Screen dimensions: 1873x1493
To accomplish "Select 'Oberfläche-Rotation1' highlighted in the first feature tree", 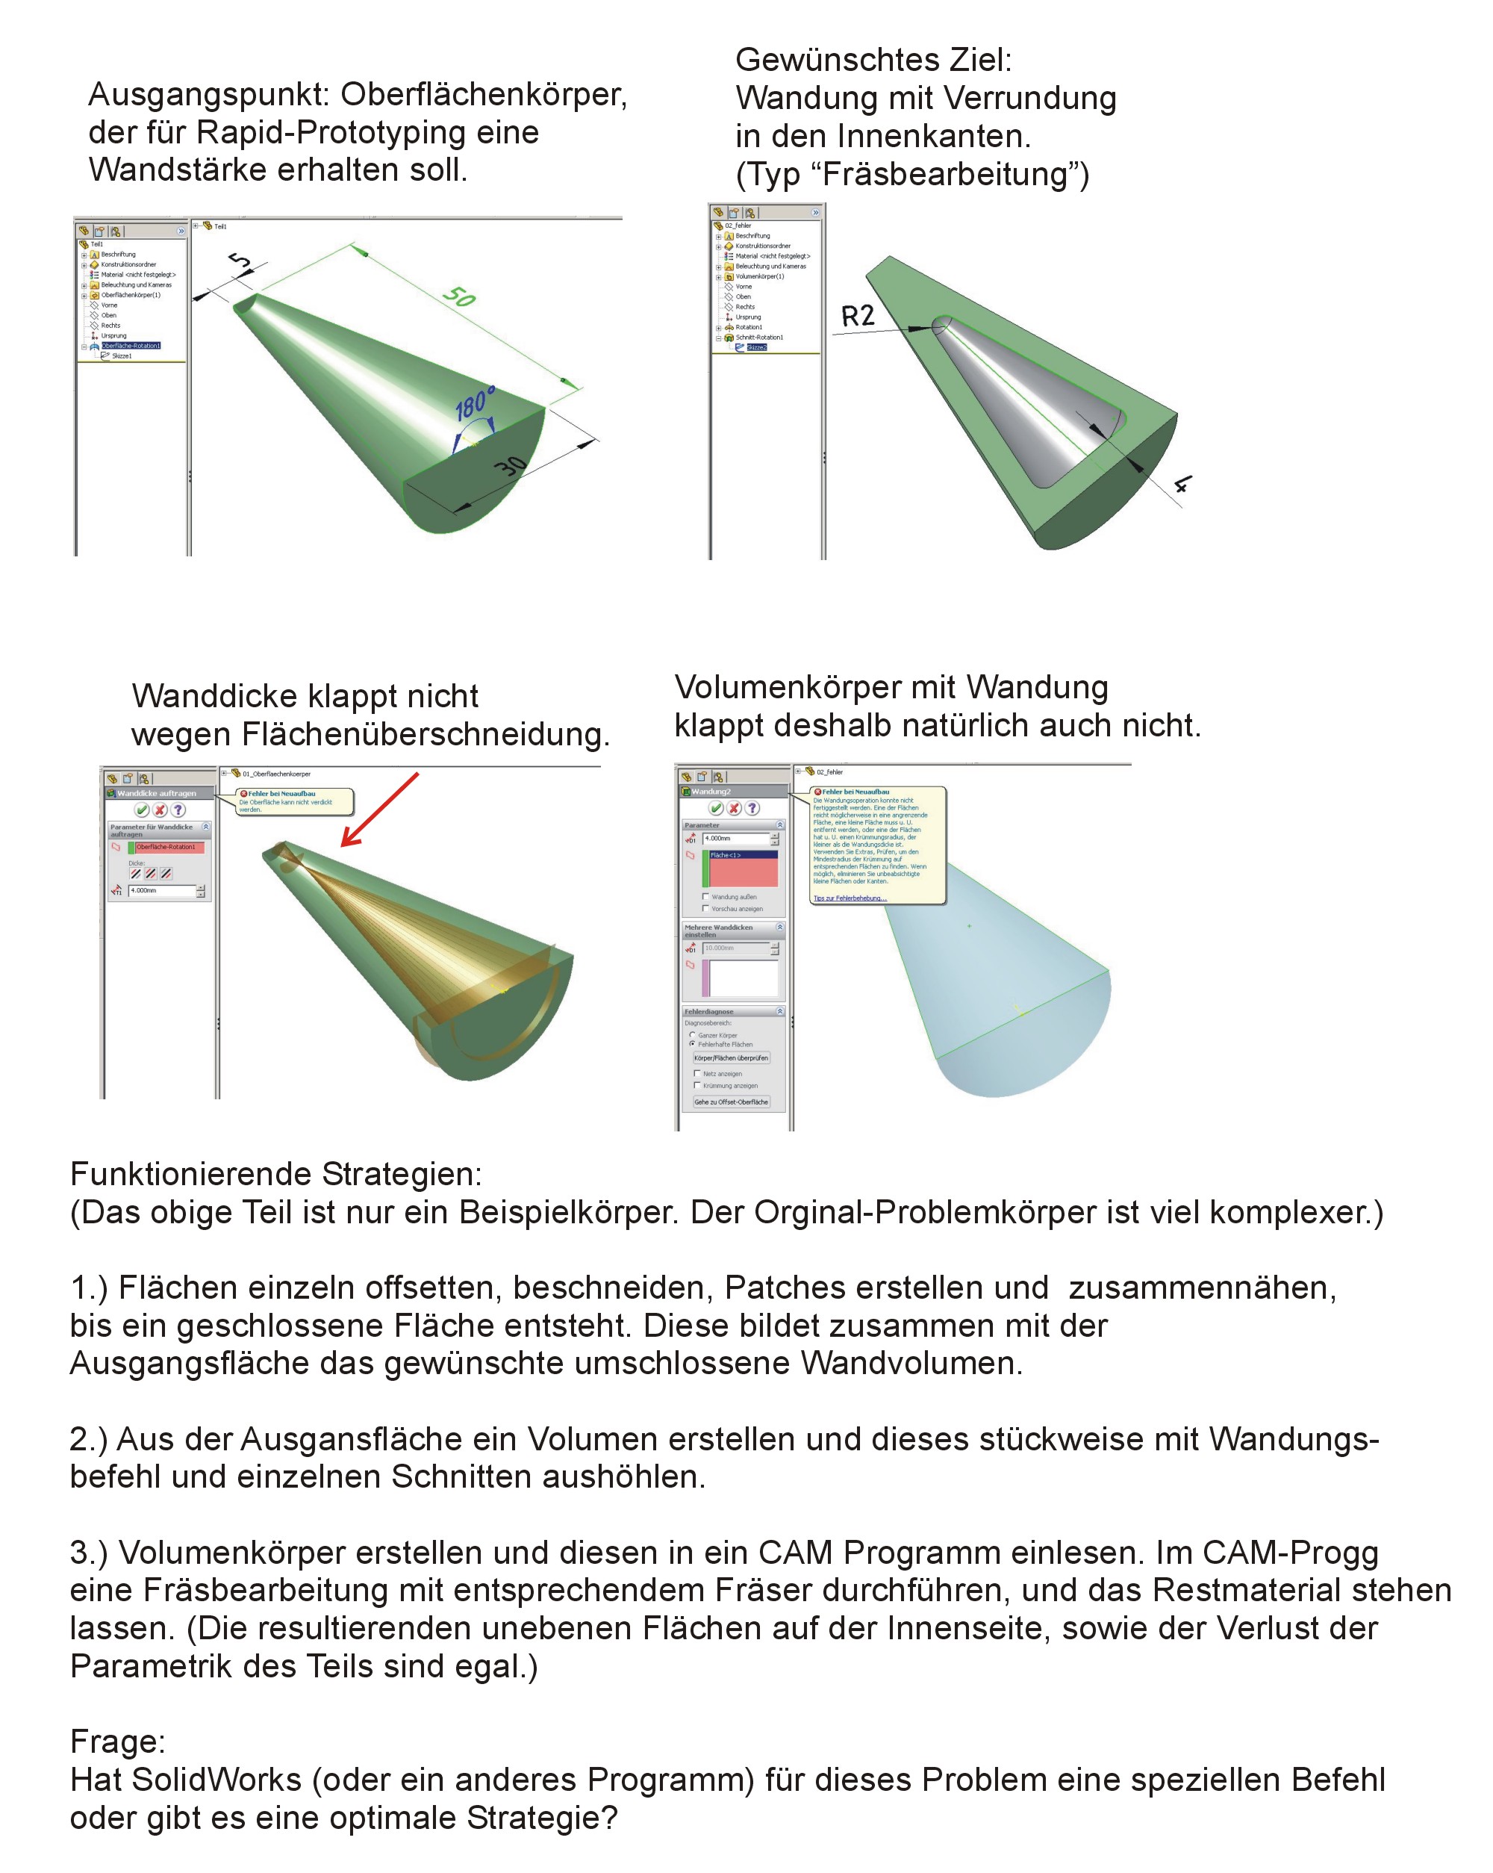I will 131,346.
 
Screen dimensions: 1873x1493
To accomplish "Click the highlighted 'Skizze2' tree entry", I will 755,347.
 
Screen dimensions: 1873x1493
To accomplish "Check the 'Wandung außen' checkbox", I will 705,896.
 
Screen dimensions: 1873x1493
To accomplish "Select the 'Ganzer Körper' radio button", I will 692,1034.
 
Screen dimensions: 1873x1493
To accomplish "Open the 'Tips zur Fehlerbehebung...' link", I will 850,898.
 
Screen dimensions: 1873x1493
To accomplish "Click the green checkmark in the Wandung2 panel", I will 716,808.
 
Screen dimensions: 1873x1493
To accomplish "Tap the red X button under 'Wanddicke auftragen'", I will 160,810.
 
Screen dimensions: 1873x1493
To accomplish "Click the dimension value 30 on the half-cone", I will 511,467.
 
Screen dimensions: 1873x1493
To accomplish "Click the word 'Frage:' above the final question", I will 117,1741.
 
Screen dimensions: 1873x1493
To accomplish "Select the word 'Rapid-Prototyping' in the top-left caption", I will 367,133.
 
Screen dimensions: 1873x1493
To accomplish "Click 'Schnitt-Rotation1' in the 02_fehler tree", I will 759,337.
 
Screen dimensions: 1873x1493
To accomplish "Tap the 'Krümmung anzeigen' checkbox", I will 696,1085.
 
